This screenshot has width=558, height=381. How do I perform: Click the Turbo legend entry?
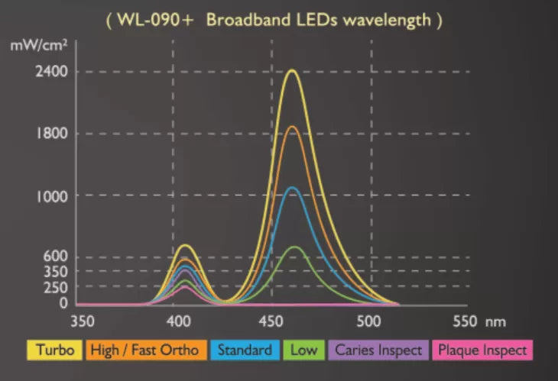pos(55,350)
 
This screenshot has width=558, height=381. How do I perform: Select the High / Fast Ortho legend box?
pos(144,350)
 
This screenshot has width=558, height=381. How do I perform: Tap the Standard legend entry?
pos(244,350)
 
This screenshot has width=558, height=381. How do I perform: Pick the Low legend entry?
pos(302,350)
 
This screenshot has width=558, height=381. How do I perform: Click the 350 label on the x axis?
pos(82,321)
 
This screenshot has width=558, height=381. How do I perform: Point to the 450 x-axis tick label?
pos(273,321)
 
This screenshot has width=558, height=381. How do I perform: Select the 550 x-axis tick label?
pos(464,321)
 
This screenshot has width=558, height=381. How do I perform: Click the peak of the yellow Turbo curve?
pos(292,71)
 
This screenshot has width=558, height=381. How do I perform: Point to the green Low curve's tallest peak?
pos(294,247)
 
